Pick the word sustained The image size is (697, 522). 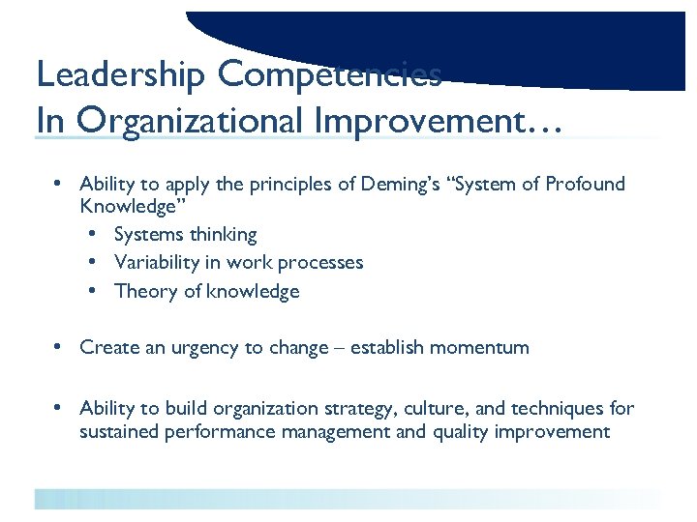121,432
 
